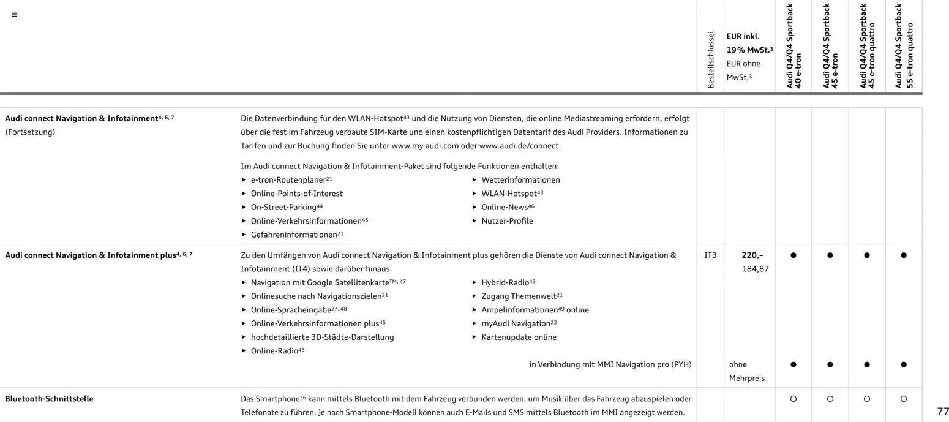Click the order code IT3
(710, 255)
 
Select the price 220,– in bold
(752, 255)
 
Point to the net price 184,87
(756, 269)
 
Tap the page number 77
(943, 412)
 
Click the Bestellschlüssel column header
(710, 59)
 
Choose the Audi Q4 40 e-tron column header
(793, 46)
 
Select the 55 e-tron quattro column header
(904, 46)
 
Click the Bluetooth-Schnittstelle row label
(49, 399)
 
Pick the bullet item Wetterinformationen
(520, 180)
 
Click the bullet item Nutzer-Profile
(507, 221)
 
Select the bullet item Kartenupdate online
(519, 337)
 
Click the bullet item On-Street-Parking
(283, 208)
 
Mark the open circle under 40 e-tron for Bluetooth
(793, 399)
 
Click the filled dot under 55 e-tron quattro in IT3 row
(904, 255)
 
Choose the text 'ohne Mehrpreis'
(746, 371)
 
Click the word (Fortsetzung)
(30, 132)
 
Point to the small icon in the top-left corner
(15, 15)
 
